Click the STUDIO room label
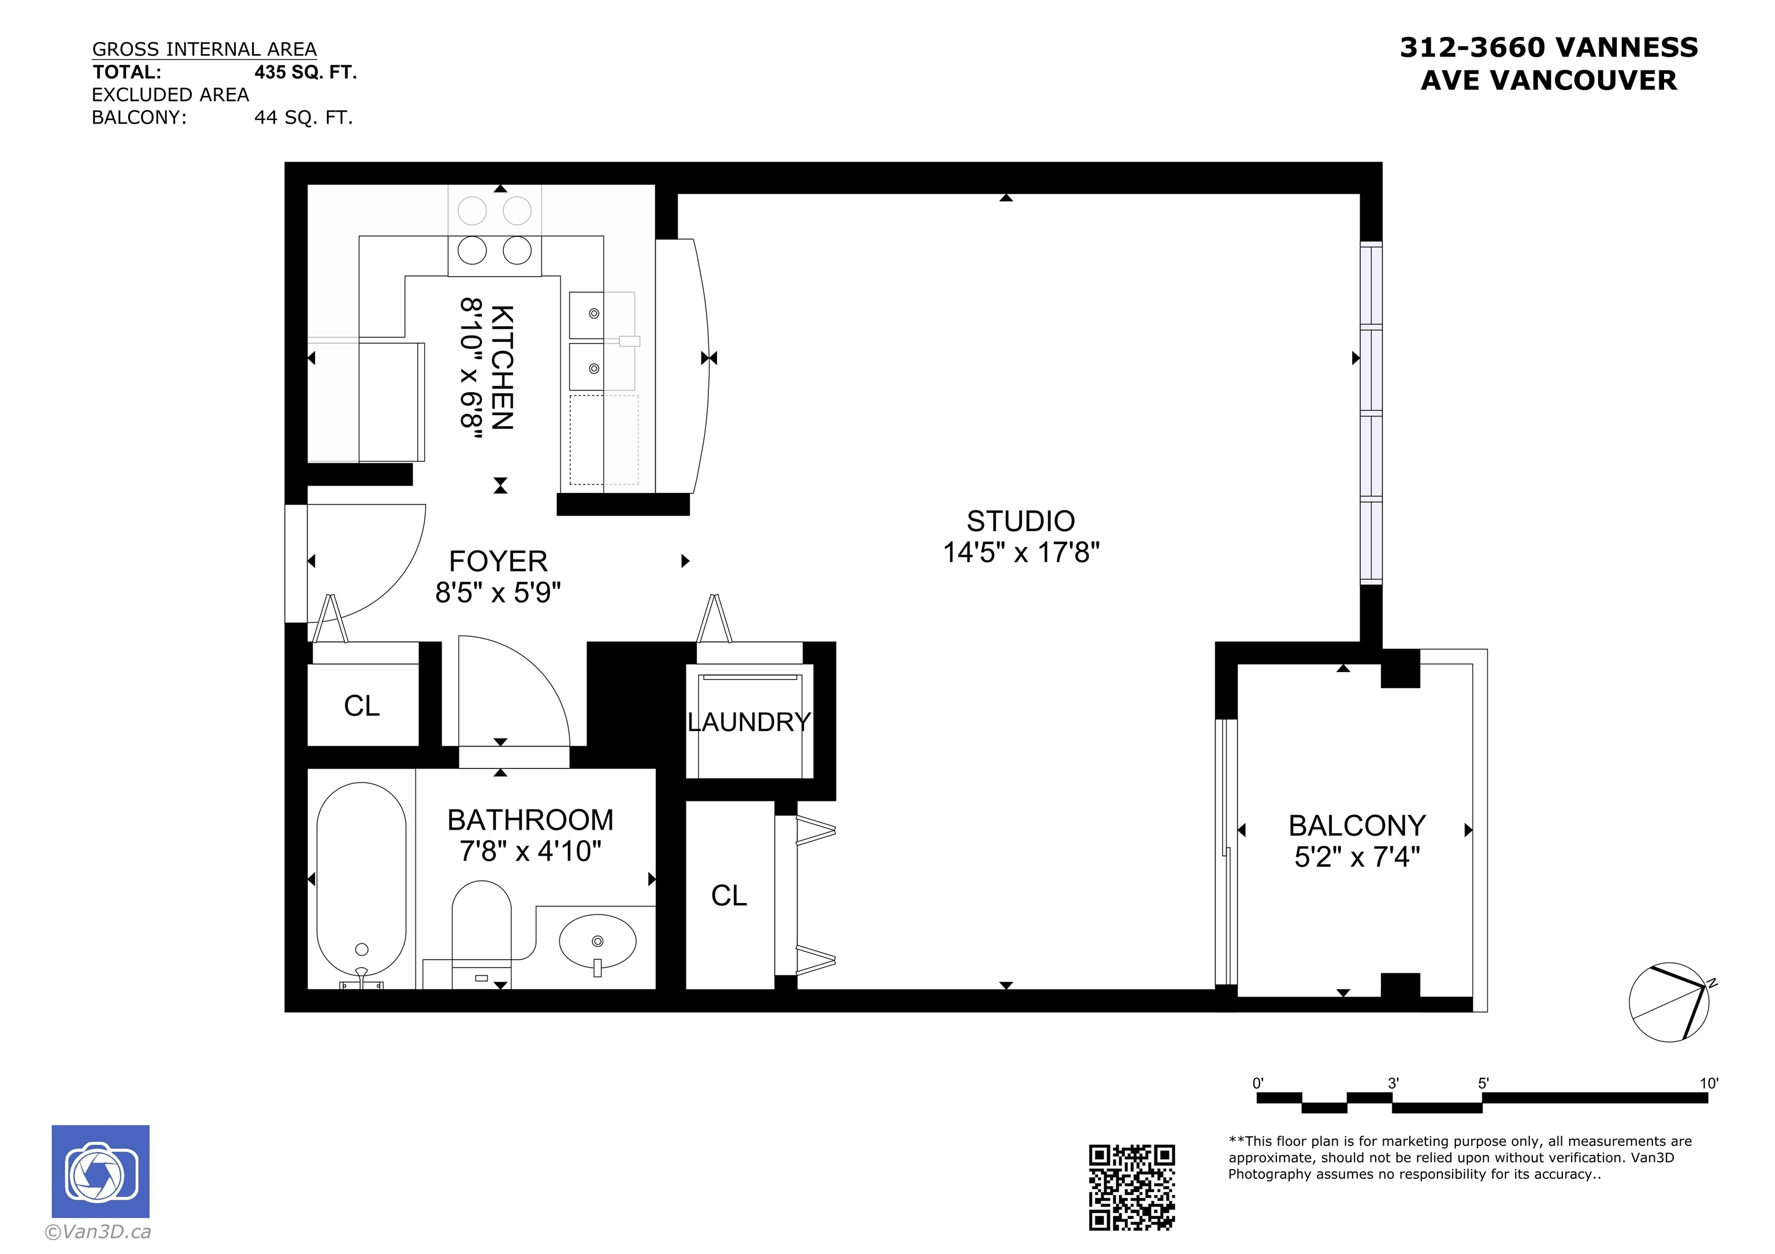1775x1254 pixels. click(x=1020, y=521)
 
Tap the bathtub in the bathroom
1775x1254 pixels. click(x=361, y=881)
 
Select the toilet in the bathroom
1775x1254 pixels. click(x=481, y=931)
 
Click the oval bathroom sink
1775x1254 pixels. click(x=597, y=942)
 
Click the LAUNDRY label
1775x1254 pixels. click(x=748, y=722)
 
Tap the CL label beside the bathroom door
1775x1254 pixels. click(x=362, y=706)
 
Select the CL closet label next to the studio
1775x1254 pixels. click(x=729, y=896)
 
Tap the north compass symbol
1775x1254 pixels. click(x=1670, y=1003)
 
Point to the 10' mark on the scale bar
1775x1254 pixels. click(x=1709, y=1083)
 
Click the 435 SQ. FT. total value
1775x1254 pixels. click(x=306, y=73)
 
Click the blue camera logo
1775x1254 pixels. click(x=101, y=1171)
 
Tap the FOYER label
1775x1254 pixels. click(x=498, y=561)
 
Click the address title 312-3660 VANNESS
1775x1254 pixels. click(x=1549, y=48)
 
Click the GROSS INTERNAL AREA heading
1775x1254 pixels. click(x=204, y=50)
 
